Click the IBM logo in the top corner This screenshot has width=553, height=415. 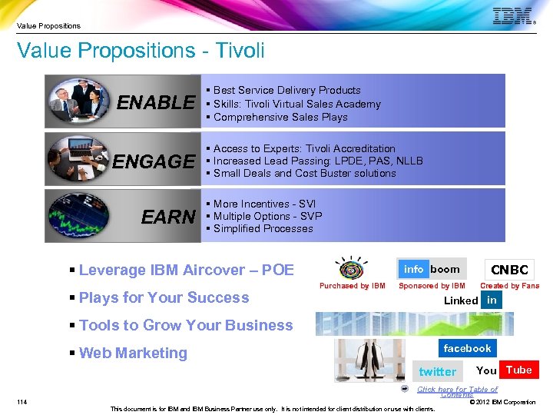(512, 16)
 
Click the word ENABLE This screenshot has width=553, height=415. (156, 103)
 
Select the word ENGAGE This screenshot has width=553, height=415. (154, 161)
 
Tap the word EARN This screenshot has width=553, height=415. (168, 217)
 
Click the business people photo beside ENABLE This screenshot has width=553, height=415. (77, 101)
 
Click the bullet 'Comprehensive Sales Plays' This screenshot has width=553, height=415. (280, 118)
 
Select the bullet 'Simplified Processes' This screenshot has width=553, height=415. (263, 229)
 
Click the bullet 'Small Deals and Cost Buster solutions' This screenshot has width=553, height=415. (304, 174)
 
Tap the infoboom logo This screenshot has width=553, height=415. (432, 269)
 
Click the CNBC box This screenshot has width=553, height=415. (509, 270)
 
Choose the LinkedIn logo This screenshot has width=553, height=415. (472, 300)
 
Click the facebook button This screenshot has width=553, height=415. (467, 348)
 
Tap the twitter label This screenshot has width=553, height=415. (437, 372)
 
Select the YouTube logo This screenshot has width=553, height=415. (504, 370)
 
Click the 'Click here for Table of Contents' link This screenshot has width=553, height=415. (457, 392)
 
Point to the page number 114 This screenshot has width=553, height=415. (22, 401)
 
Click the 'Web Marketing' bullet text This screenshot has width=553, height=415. (133, 354)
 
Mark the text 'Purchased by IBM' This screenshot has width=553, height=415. (353, 287)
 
